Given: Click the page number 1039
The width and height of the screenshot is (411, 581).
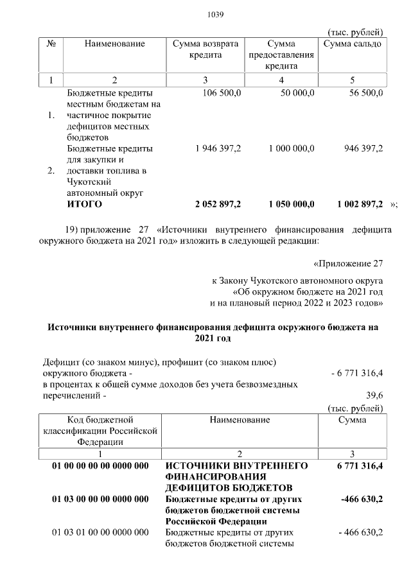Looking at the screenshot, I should click(213, 15).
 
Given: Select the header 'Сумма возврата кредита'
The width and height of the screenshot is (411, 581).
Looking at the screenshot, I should click(205, 49).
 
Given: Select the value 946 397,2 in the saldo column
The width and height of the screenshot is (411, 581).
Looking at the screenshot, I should click(363, 148).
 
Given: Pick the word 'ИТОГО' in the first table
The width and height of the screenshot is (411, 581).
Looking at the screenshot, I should click(85, 204).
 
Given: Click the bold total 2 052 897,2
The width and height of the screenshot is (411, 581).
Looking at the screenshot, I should click(218, 204).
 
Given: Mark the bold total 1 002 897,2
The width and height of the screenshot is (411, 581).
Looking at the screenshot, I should click(360, 204).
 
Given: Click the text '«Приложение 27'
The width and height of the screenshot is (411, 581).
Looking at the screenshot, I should click(347, 263).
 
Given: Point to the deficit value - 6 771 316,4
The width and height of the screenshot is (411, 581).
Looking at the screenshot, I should click(356, 372).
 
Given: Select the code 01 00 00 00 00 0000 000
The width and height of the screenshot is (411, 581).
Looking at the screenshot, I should click(100, 465).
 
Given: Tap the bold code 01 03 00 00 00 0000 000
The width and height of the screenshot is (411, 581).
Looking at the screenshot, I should click(100, 499).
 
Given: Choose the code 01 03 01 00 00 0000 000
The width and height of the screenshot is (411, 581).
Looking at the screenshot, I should click(100, 533).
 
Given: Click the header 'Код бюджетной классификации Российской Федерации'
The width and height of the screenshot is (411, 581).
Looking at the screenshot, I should click(100, 430).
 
